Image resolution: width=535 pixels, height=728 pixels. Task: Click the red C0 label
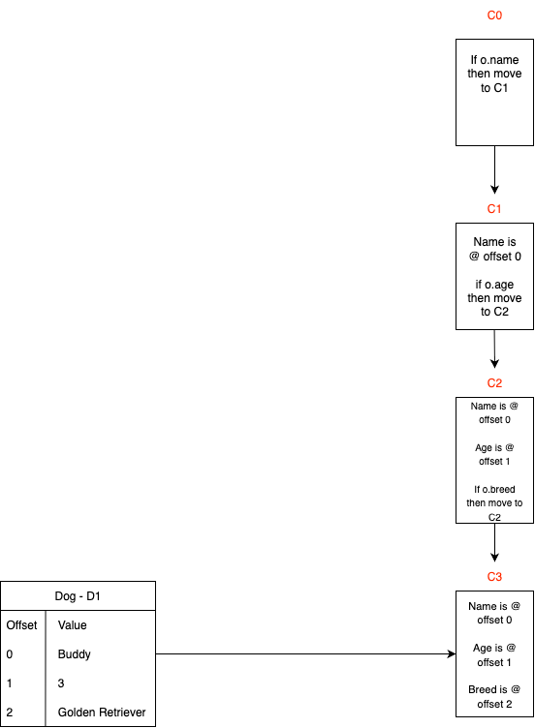[494, 15]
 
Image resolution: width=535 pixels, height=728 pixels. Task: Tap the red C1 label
[494, 209]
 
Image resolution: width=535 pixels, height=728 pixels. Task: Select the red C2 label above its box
[494, 383]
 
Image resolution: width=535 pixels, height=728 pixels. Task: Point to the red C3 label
[494, 577]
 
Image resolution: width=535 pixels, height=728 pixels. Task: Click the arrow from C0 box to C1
[494, 169]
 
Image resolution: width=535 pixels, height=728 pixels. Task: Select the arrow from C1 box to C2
[494, 349]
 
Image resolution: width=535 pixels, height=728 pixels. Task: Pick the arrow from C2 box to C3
[494, 542]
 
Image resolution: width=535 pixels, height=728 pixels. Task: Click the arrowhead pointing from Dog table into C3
[452, 653]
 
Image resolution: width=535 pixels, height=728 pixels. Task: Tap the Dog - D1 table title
[78, 596]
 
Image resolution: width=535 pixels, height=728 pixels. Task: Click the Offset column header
[22, 625]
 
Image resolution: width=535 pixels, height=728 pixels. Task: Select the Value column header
[72, 625]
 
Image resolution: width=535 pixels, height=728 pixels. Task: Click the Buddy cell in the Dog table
[74, 654]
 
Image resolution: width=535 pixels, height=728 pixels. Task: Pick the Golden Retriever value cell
[102, 713]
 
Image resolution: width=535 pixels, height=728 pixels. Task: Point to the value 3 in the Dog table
[61, 683]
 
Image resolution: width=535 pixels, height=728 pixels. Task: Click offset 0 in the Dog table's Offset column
[10, 654]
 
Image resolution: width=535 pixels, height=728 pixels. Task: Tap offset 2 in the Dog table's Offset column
[10, 713]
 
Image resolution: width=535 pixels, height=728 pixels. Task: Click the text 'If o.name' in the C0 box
[494, 60]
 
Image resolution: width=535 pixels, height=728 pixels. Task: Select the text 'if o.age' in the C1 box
[494, 285]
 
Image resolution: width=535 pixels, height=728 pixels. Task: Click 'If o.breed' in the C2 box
[494, 489]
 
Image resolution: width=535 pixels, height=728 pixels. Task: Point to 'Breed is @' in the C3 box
[494, 689]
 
